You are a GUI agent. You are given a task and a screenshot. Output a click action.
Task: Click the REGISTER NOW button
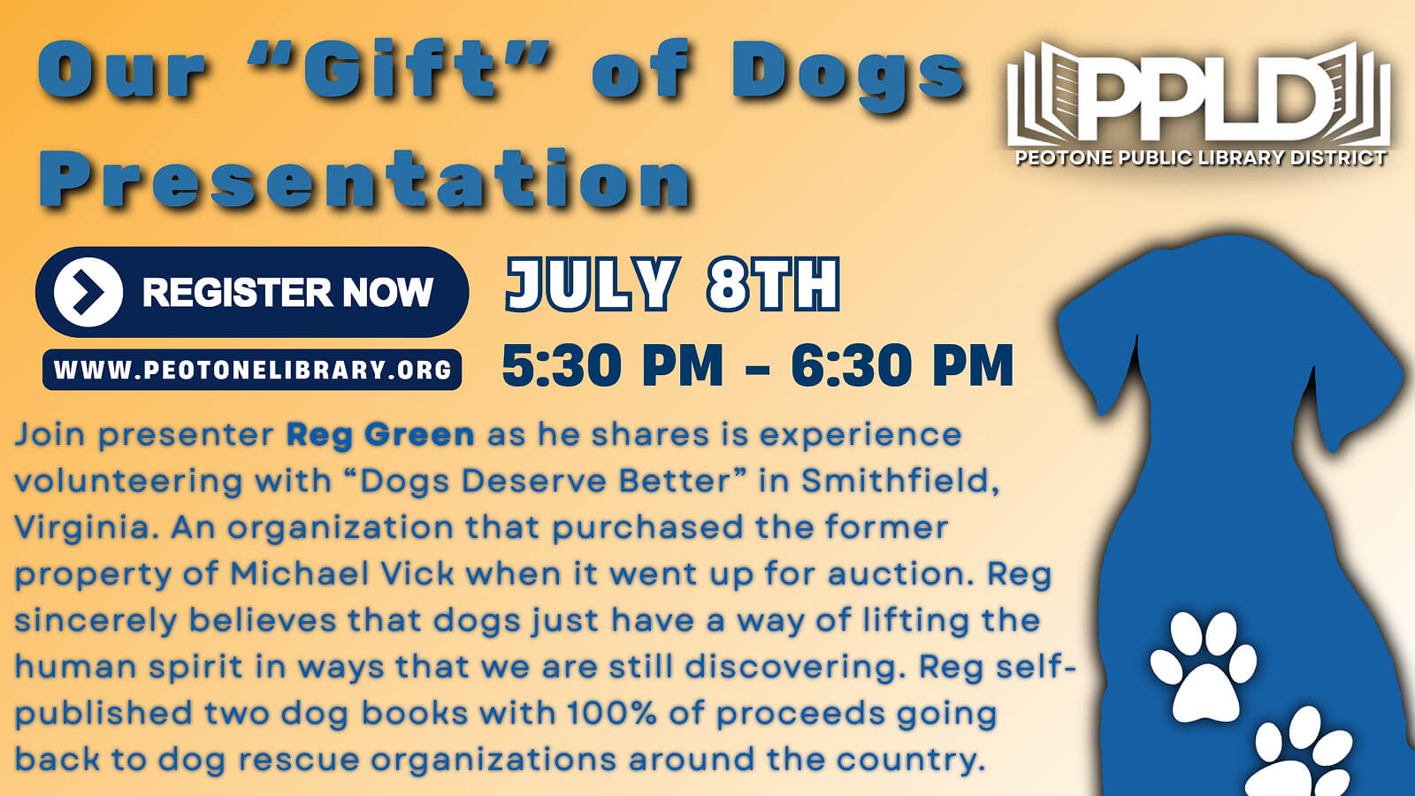[252, 292]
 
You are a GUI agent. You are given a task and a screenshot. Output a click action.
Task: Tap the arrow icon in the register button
[88, 292]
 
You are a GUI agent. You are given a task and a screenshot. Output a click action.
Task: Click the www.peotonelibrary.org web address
[252, 370]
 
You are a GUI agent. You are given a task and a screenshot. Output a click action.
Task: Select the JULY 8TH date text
[673, 284]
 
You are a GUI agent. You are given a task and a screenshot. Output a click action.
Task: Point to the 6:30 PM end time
[902, 365]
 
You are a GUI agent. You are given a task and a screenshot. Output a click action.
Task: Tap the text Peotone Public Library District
[1201, 157]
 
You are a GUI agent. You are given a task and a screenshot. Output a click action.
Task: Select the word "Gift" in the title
[399, 69]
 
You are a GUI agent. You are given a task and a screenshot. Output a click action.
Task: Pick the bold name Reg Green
[380, 435]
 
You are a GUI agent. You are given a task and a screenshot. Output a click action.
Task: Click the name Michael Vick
[341, 574]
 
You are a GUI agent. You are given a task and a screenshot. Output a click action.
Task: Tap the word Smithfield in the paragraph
[901, 481]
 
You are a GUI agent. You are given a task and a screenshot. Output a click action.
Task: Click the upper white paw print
[1203, 667]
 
